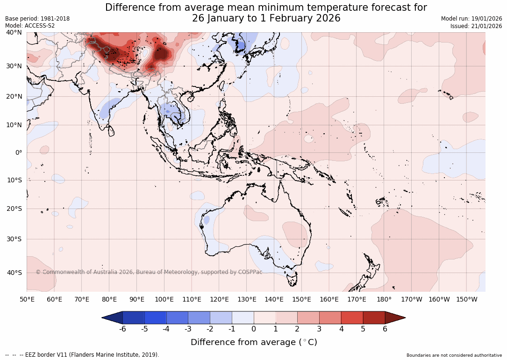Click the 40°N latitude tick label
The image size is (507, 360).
coord(14,32)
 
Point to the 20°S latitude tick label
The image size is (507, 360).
coord(14,209)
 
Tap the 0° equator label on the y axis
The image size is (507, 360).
coord(18,152)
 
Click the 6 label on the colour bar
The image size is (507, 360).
coord(385,329)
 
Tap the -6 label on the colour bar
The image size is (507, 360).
coord(122,329)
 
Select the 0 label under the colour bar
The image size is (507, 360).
coord(254,329)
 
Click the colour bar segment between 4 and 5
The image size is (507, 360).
coord(352,318)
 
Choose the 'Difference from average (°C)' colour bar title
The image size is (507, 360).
coord(254,342)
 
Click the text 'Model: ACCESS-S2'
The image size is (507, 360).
coord(30,26)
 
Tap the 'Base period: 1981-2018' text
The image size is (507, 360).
coord(37,19)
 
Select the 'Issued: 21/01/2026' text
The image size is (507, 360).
coord(476,26)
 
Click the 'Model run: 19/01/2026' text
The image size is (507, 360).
coord(471,19)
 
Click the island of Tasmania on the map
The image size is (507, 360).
coord(293,279)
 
